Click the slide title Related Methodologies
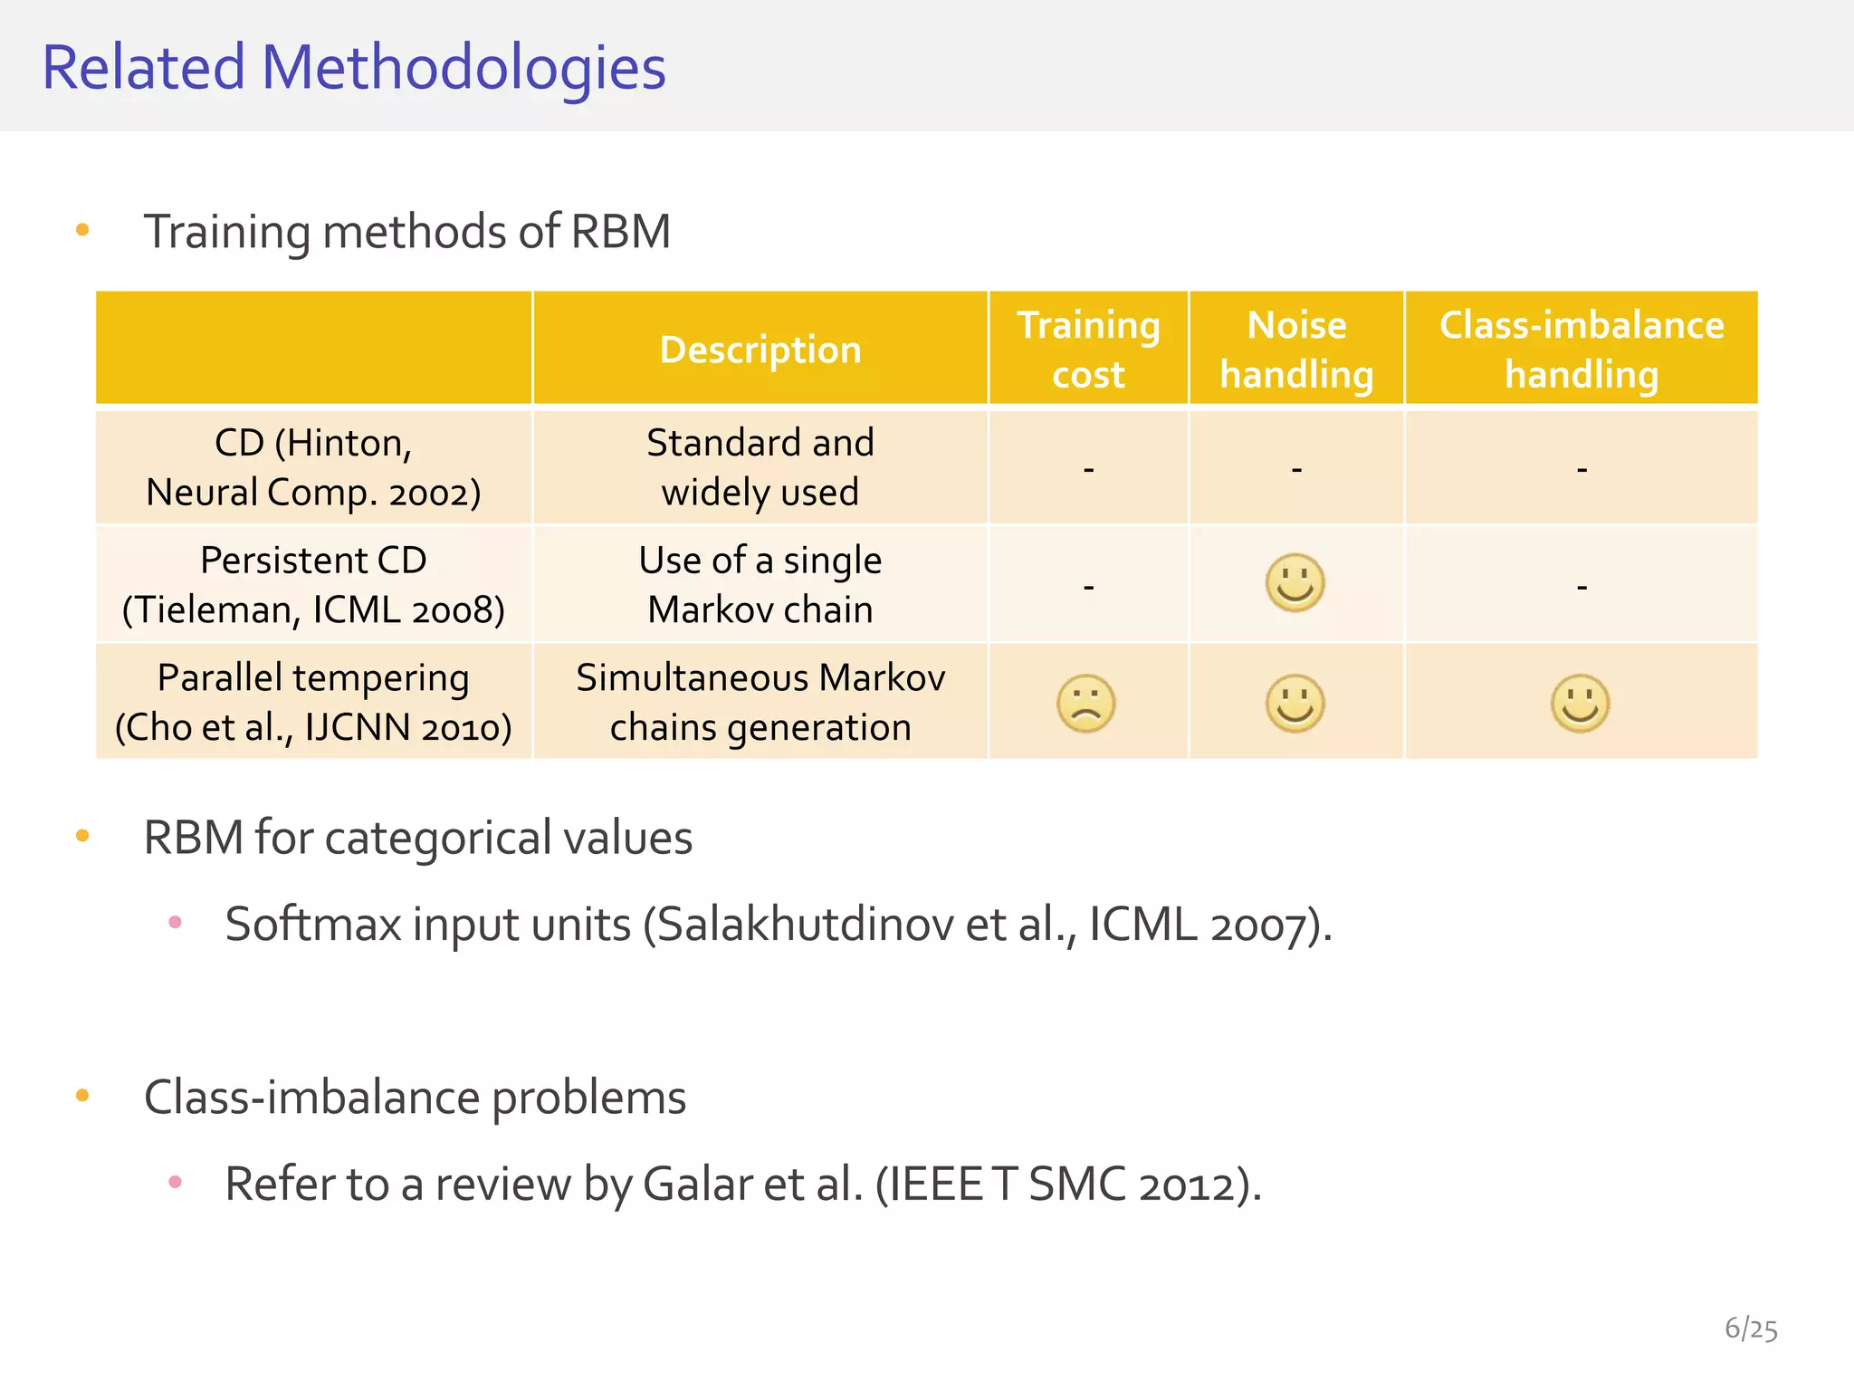pyautogui.click(x=354, y=68)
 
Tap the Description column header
pyautogui.click(x=760, y=350)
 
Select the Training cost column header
pyautogui.click(x=1088, y=350)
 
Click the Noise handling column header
pyautogui.click(x=1296, y=350)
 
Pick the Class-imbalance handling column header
pyautogui.click(x=1582, y=350)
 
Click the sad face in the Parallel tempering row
pyautogui.click(x=1086, y=704)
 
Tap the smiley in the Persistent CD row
pyautogui.click(x=1295, y=583)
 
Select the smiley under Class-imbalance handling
pyautogui.click(x=1581, y=704)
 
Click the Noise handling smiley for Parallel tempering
pyautogui.click(x=1295, y=704)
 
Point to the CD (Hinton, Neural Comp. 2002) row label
pyautogui.click(x=313, y=467)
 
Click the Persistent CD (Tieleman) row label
pyautogui.click(x=313, y=585)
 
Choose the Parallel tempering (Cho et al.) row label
pyautogui.click(x=313, y=703)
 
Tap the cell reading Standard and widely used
pyautogui.click(x=760, y=467)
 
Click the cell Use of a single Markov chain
pyautogui.click(x=760, y=585)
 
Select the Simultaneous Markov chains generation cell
pyautogui.click(x=760, y=703)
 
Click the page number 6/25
pyautogui.click(x=1751, y=1329)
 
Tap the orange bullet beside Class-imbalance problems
pyautogui.click(x=82, y=1096)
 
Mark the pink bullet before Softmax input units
pyautogui.click(x=176, y=923)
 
